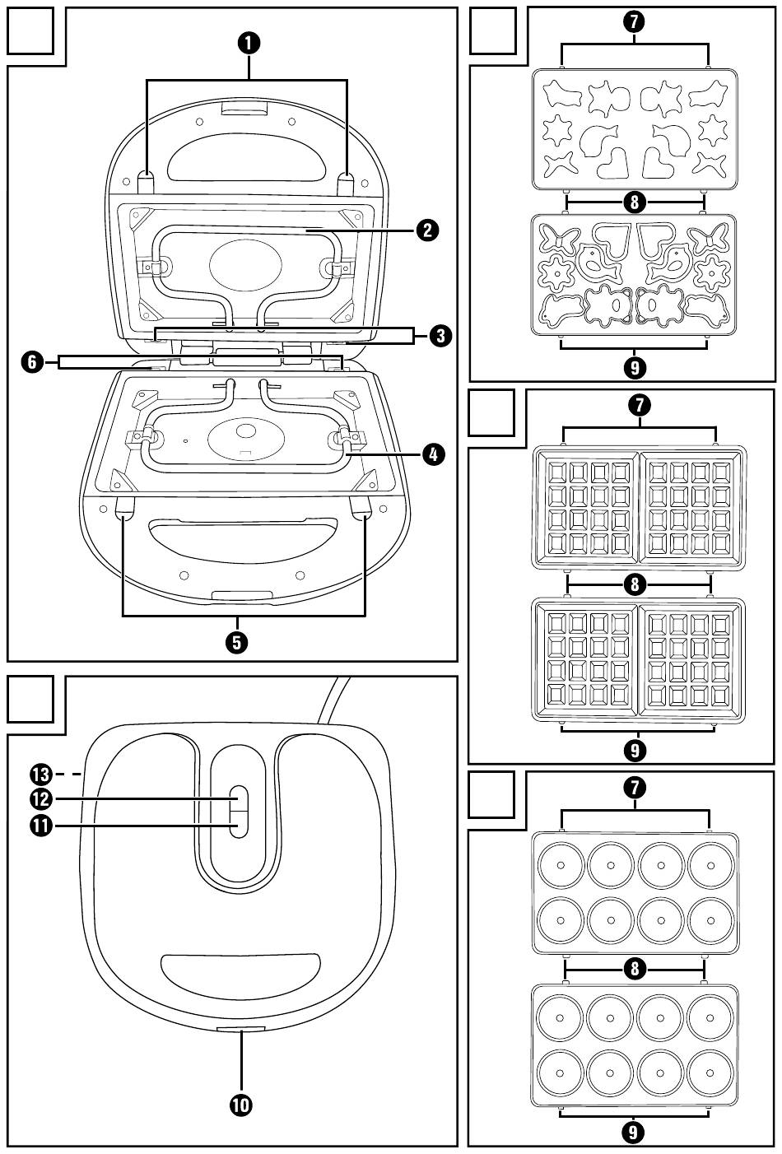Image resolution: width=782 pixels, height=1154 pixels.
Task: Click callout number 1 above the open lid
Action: tap(247, 43)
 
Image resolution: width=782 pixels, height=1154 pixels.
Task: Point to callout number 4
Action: tap(433, 453)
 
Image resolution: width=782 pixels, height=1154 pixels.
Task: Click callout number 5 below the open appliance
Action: tap(237, 641)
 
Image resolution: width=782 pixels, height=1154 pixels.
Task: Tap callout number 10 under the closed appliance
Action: tap(241, 1105)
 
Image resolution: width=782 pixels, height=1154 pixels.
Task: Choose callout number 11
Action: tap(40, 824)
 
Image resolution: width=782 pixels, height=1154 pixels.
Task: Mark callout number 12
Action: tap(40, 798)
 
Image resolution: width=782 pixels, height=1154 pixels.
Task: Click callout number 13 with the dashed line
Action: tap(40, 774)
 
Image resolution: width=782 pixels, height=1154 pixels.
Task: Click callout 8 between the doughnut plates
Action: tap(634, 968)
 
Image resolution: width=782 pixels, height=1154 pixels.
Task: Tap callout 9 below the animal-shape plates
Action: tap(634, 367)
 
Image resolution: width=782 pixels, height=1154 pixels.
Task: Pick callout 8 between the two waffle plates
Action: tap(634, 584)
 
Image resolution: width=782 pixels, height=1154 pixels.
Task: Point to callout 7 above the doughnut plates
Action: tap(634, 787)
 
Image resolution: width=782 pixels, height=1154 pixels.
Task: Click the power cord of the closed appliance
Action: tap(333, 700)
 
